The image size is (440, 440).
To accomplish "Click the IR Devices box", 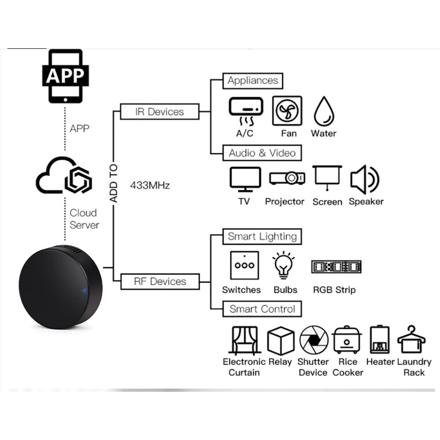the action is click(x=160, y=112).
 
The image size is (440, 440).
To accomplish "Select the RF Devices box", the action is click(x=160, y=281).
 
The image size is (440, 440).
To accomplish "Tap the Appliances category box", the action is click(x=252, y=81).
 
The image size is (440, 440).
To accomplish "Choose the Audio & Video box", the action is click(x=262, y=153).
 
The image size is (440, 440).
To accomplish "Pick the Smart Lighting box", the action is click(x=262, y=237).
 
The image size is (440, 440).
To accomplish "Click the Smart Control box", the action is click(x=262, y=309).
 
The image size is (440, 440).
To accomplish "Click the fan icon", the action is click(x=287, y=111).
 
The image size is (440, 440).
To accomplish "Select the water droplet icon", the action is click(x=324, y=111).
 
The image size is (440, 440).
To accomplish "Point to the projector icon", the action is click(x=287, y=178).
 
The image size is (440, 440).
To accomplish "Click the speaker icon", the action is click(x=365, y=179).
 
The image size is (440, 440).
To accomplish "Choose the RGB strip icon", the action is click(x=336, y=266).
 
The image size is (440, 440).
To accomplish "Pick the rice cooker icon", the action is click(x=347, y=339).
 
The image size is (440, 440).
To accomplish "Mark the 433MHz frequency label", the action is click(x=150, y=185).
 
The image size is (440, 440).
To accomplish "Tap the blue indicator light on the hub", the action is click(x=83, y=291).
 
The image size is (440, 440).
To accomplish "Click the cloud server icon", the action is click(x=64, y=175).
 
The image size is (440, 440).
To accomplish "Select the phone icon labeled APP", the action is click(x=65, y=76).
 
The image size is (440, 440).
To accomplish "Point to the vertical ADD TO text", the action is click(x=113, y=183).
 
